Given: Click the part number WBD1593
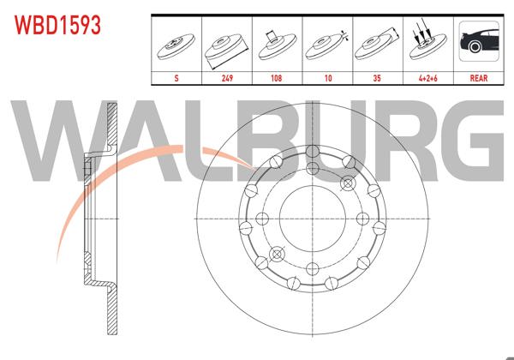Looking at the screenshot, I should [56, 25].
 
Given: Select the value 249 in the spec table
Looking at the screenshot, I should [227, 76].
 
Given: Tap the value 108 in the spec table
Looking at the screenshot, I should [276, 76].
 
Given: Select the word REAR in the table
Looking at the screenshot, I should [477, 76].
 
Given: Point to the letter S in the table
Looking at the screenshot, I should [177, 76].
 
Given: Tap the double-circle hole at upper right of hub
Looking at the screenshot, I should [348, 183].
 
